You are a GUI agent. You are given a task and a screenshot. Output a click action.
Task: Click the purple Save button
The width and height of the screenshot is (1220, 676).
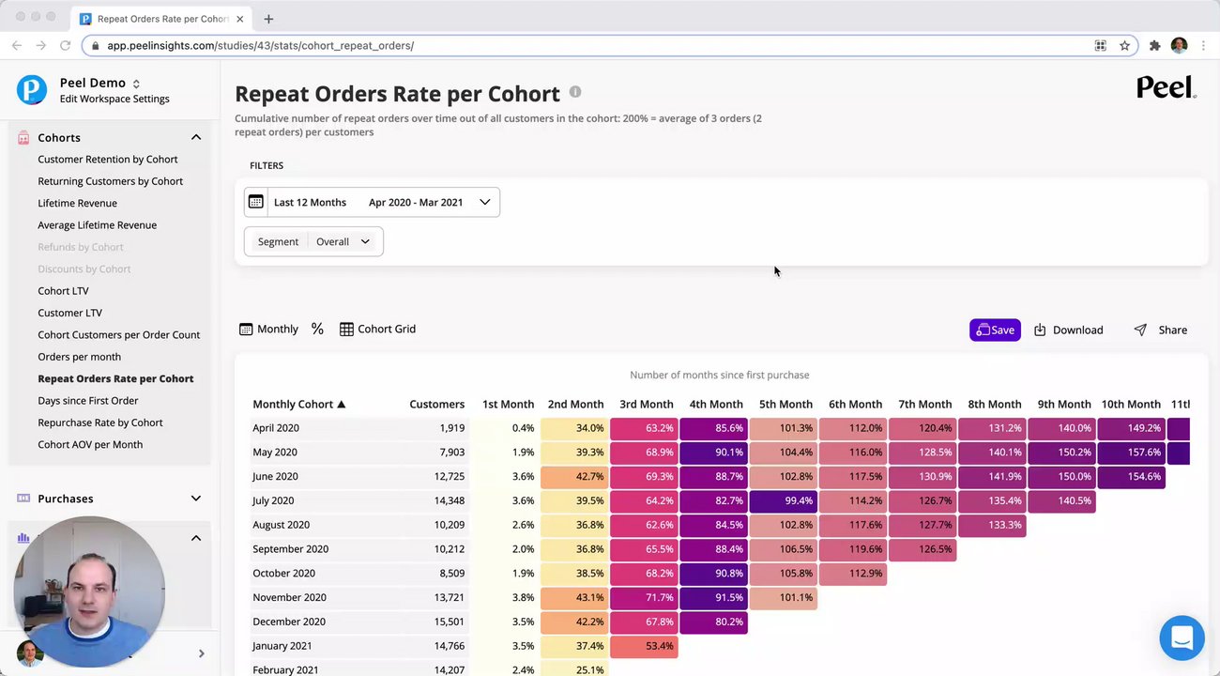(x=995, y=330)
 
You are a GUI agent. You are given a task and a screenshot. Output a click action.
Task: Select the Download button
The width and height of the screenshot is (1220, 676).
(x=1068, y=330)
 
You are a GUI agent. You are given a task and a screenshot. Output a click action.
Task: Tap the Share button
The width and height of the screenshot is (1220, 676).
(x=1161, y=330)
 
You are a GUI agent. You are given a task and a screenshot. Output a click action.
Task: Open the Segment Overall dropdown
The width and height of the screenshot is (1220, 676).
(x=313, y=241)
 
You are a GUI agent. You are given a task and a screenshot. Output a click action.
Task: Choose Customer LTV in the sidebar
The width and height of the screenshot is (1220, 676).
(x=69, y=313)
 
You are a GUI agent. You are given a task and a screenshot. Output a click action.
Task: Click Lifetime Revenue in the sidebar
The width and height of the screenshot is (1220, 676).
(x=77, y=203)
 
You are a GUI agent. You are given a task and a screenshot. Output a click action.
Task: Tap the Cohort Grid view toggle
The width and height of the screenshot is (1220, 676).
(x=377, y=329)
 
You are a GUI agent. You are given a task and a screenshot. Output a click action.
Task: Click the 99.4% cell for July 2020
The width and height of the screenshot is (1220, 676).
(x=784, y=500)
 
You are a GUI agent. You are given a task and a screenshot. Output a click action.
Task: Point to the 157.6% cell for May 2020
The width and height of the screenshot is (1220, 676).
(x=1131, y=452)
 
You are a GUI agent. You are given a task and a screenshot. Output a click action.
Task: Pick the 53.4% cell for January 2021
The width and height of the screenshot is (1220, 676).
(x=644, y=646)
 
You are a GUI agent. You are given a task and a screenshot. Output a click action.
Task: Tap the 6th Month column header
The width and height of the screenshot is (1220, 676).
(x=855, y=404)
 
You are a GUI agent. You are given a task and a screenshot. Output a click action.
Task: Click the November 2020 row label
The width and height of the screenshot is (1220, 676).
(x=289, y=597)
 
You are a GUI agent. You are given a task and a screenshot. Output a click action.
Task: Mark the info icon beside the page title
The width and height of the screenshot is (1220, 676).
(x=575, y=92)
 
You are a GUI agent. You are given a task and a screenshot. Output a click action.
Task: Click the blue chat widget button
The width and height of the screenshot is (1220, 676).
(x=1182, y=638)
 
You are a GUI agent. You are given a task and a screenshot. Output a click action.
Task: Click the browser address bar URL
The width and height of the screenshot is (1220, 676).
(x=260, y=45)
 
